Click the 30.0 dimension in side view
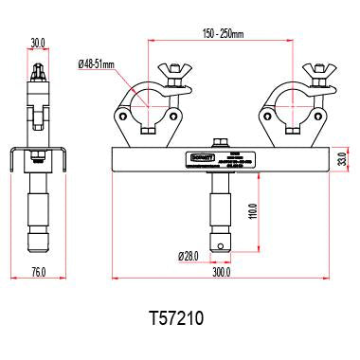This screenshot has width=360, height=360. (38, 43)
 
